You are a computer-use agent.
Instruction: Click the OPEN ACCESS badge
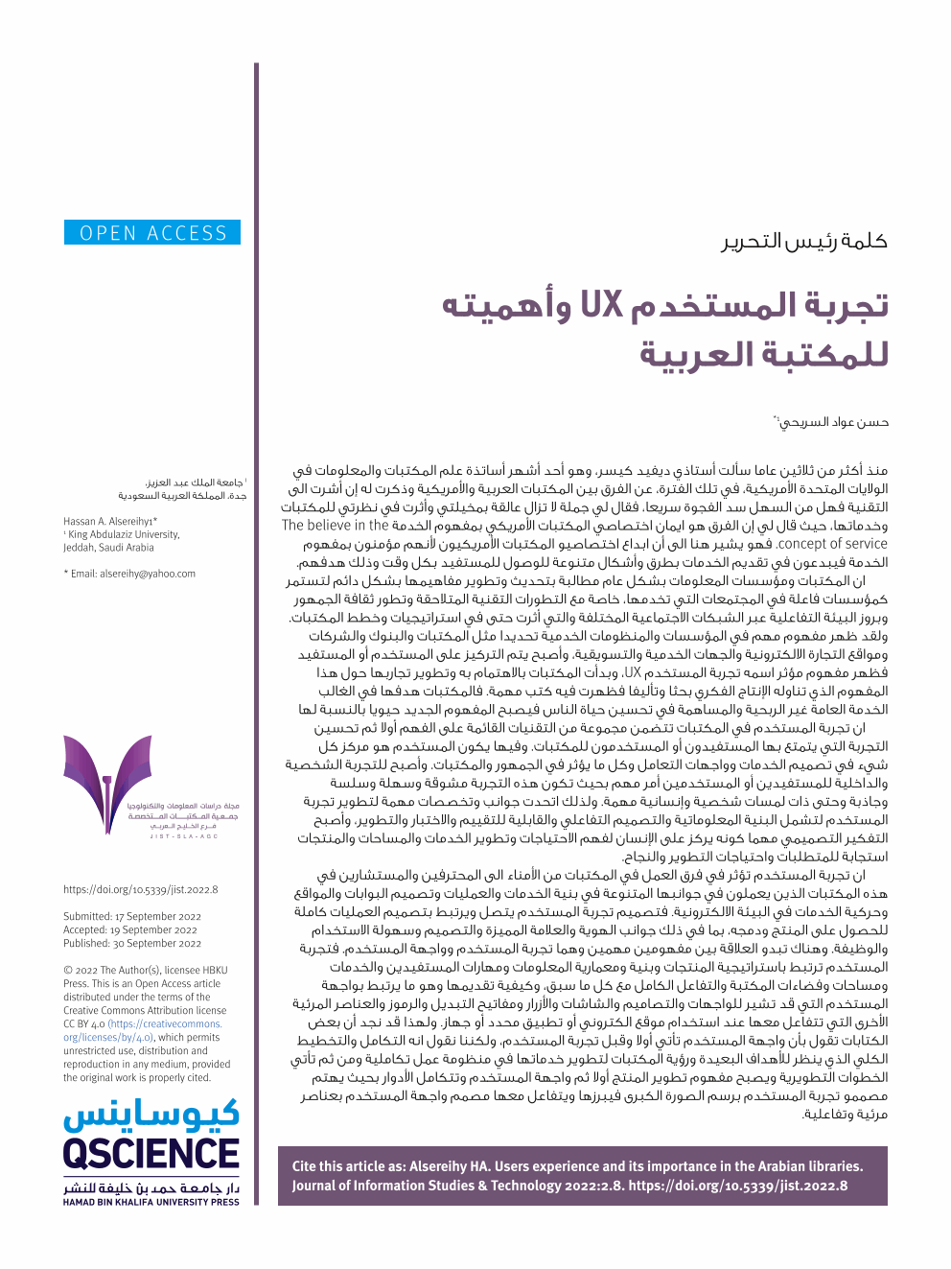coord(153,233)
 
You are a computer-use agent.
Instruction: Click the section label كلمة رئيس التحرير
coord(804,241)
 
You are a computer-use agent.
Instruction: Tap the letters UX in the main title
coord(602,305)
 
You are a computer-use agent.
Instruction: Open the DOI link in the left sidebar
coord(140,889)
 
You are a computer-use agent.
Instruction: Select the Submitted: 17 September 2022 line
coord(132,917)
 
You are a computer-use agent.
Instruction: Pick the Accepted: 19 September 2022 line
coord(130,930)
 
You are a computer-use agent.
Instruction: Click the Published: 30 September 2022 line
coord(132,944)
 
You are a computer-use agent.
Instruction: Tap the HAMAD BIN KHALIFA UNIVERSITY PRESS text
coord(151,1202)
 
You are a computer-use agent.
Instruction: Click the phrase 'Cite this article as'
coord(349,1167)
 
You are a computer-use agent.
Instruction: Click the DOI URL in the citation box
coord(738,1186)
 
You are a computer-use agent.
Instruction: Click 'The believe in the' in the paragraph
coord(335,526)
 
